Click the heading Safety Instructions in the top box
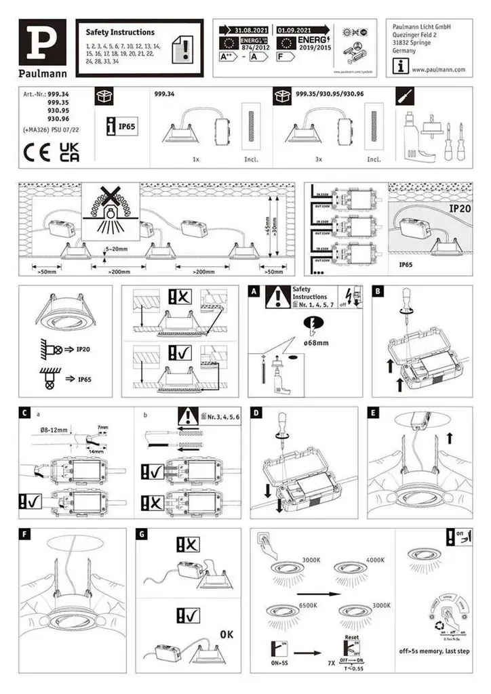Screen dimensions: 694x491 (x=120, y=32)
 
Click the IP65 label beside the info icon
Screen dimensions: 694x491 (x=128, y=126)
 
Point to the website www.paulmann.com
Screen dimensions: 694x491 (x=437, y=69)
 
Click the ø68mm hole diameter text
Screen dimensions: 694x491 (x=317, y=343)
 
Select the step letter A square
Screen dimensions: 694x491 (x=254, y=291)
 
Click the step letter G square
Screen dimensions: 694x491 (x=142, y=535)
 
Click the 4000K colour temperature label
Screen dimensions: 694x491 (x=375, y=560)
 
